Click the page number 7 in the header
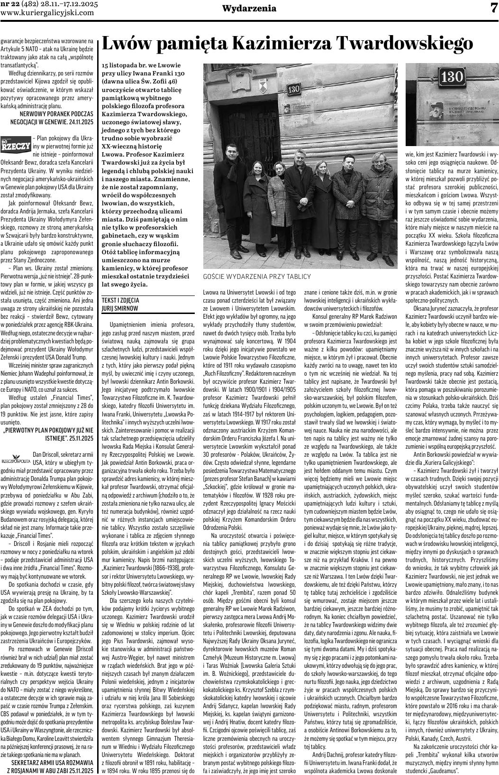click(x=493, y=8)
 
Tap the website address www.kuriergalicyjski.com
click(x=54, y=13)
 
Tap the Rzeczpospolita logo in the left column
click(x=16, y=460)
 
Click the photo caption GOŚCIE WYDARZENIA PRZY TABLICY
click(x=257, y=277)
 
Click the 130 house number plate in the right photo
click(x=451, y=76)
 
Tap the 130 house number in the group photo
click(x=294, y=89)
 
